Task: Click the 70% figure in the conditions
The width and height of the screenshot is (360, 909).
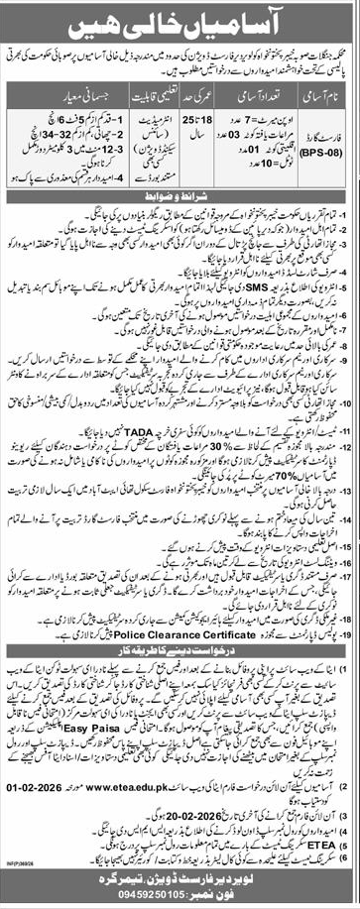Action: click(x=263, y=500)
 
